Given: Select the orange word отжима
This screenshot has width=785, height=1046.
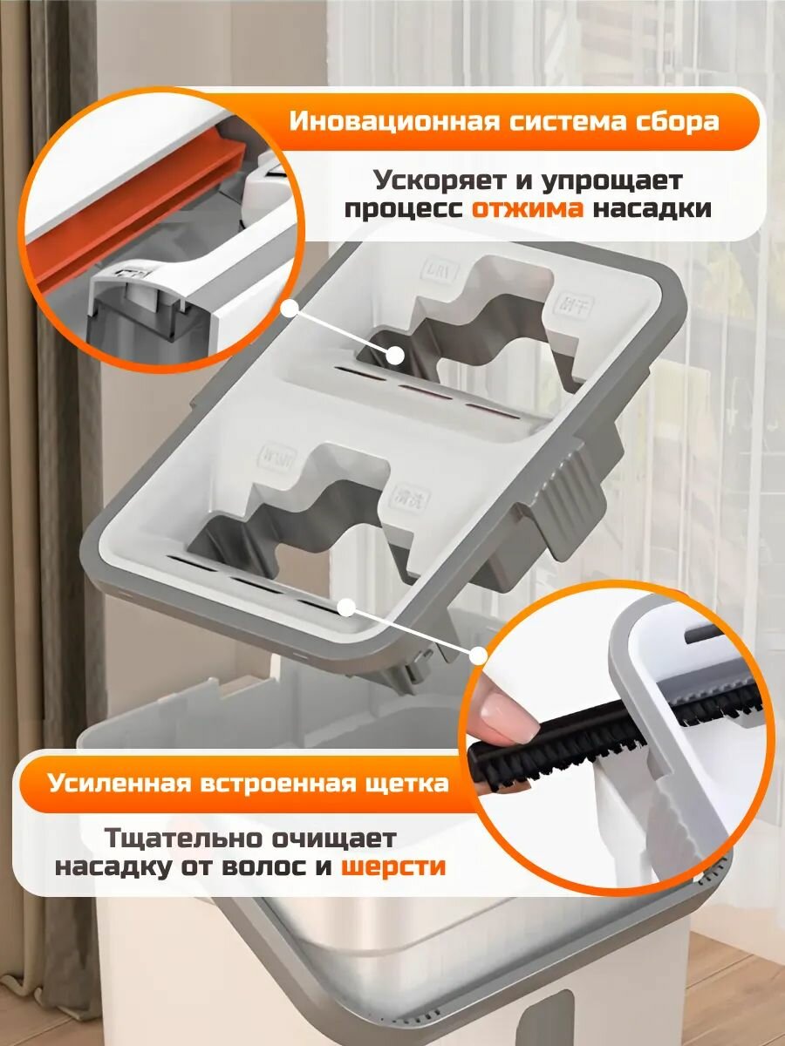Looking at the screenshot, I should [x=528, y=209].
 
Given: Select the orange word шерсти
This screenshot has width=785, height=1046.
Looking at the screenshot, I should [x=392, y=866].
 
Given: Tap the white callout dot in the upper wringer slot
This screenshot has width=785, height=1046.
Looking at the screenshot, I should [x=395, y=355].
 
